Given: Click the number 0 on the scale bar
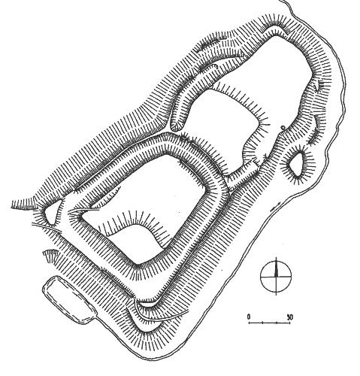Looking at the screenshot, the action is click(249, 317).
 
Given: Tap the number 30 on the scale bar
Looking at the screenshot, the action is click(289, 317).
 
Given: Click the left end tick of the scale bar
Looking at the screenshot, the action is click(249, 322).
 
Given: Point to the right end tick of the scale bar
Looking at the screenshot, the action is click(290, 322).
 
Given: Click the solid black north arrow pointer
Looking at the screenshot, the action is click(276, 268).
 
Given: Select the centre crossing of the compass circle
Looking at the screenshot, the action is click(276, 277).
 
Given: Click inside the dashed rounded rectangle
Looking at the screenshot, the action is click(69, 299).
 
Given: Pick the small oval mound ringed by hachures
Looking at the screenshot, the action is click(297, 165).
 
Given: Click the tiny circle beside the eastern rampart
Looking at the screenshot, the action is click(283, 128).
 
